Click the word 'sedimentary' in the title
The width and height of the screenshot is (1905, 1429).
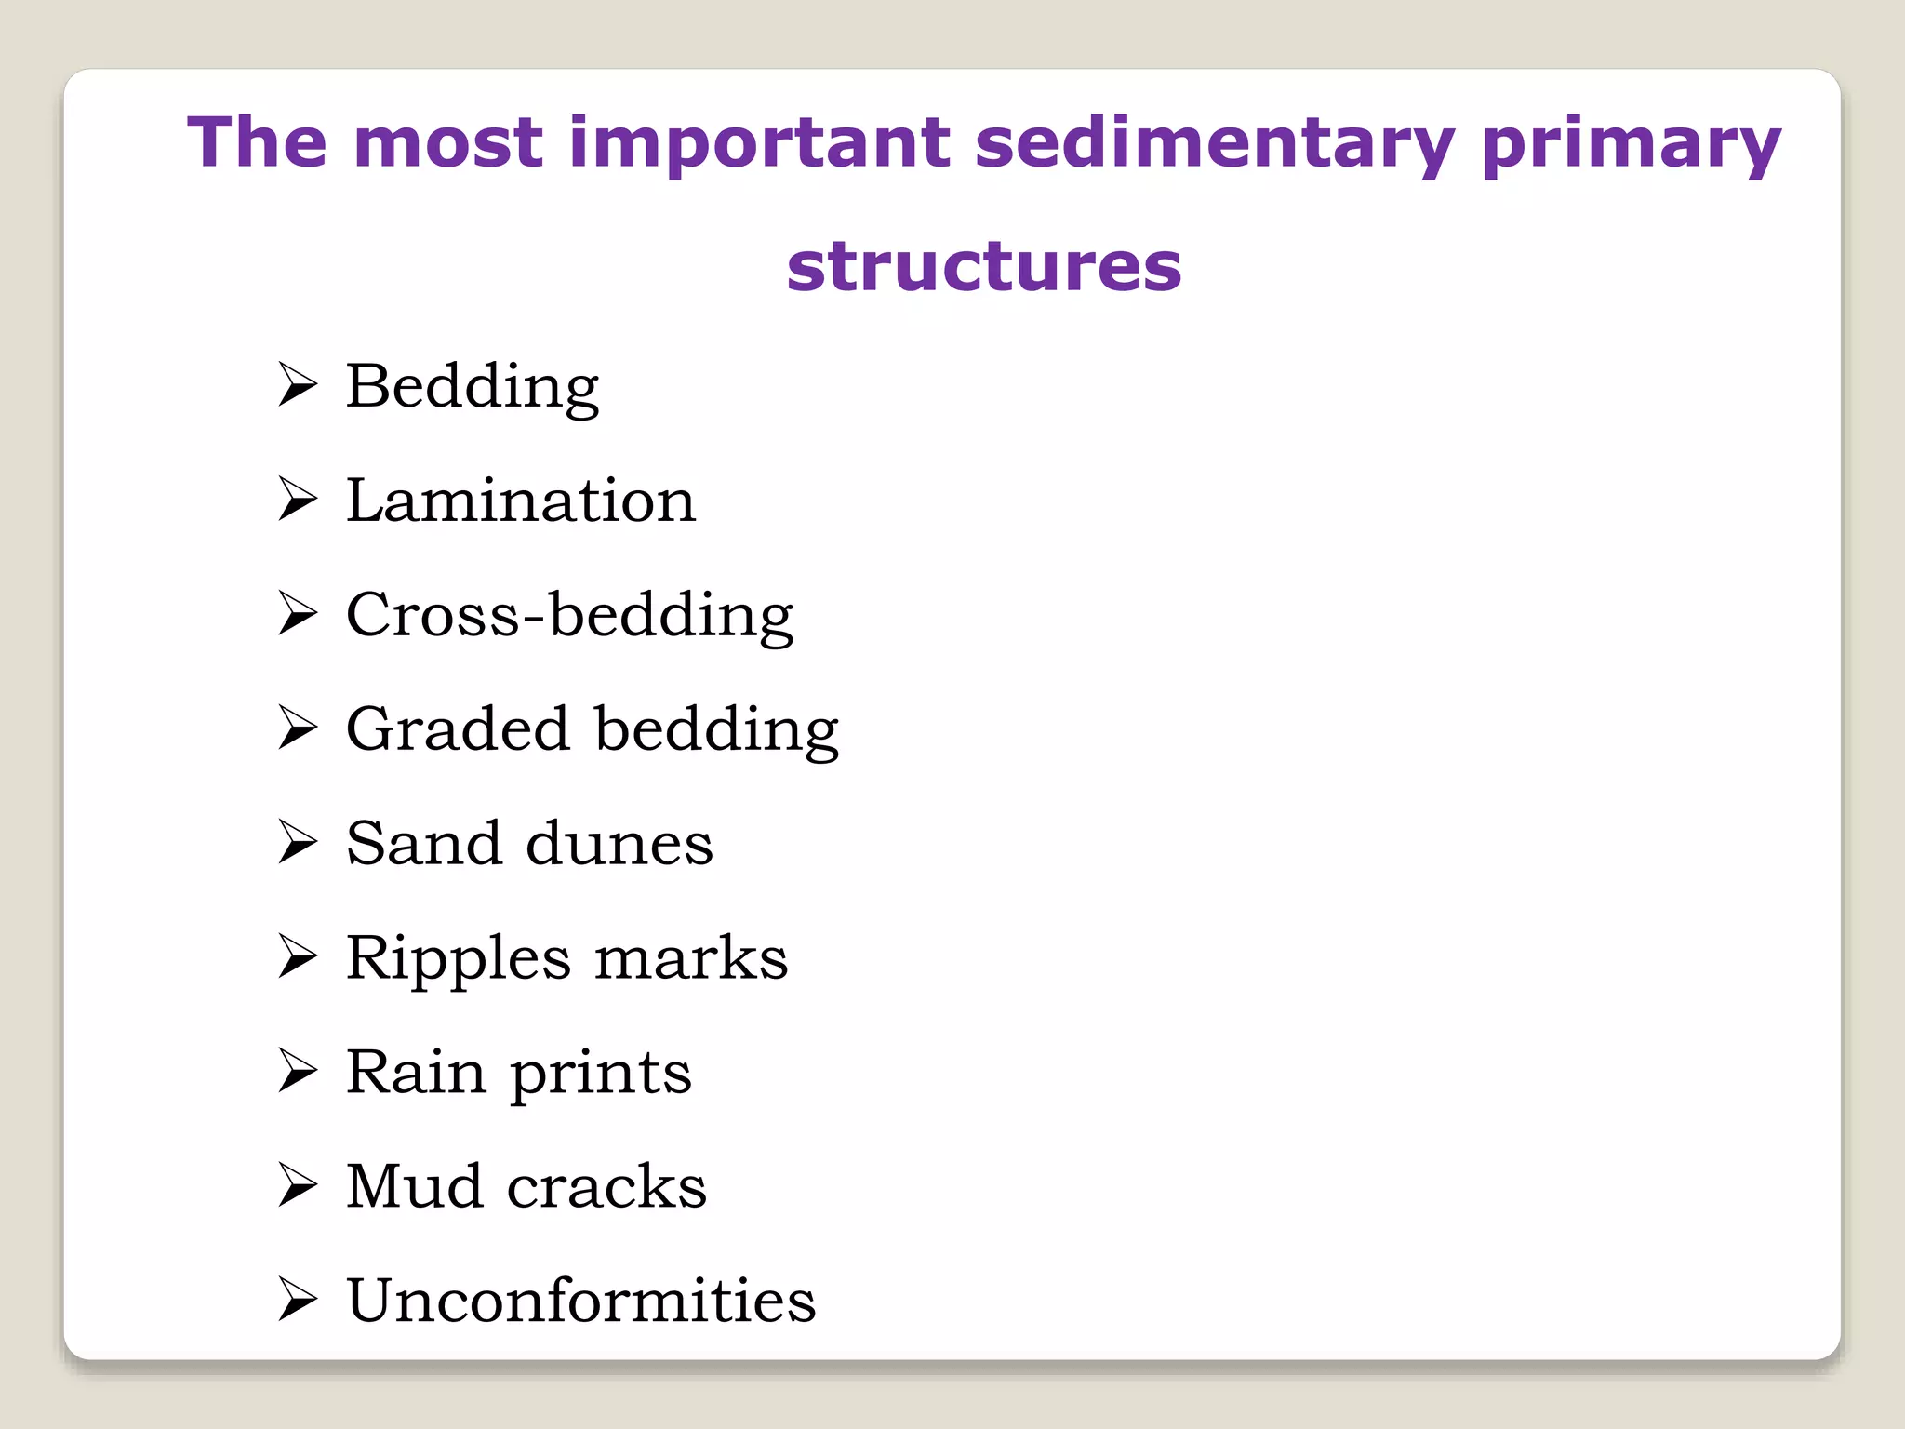click(1214, 144)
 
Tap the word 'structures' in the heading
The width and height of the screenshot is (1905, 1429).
click(983, 267)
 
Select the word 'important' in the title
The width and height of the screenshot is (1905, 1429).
click(759, 144)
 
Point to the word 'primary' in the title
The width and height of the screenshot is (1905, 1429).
click(1631, 144)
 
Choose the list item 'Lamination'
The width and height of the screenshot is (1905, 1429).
click(521, 501)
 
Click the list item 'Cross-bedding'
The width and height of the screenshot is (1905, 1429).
click(569, 615)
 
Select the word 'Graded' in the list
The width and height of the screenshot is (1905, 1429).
click(457, 728)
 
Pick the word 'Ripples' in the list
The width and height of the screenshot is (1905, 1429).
click(458, 958)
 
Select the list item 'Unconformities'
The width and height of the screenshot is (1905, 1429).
click(580, 1301)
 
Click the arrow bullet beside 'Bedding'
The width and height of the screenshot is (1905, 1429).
click(298, 385)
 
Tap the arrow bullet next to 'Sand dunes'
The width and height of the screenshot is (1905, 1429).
click(298, 843)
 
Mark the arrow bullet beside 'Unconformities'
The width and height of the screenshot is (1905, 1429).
click(298, 1301)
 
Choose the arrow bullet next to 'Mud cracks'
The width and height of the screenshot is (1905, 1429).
click(298, 1186)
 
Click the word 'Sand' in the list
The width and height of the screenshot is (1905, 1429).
click(423, 843)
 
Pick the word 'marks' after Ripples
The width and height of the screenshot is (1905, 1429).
click(690, 958)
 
